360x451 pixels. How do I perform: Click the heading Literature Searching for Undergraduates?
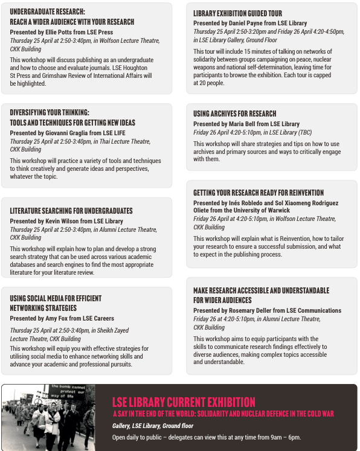(71, 211)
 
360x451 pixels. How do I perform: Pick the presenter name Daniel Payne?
(247, 22)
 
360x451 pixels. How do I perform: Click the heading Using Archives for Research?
(234, 114)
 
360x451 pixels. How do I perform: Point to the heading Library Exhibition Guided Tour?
(237, 13)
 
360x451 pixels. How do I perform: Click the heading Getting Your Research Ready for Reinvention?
(258, 193)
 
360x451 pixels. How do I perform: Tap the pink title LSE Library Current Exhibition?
(184, 402)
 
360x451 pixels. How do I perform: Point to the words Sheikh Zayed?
(112, 330)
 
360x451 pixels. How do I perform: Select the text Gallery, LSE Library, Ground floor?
(152, 426)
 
